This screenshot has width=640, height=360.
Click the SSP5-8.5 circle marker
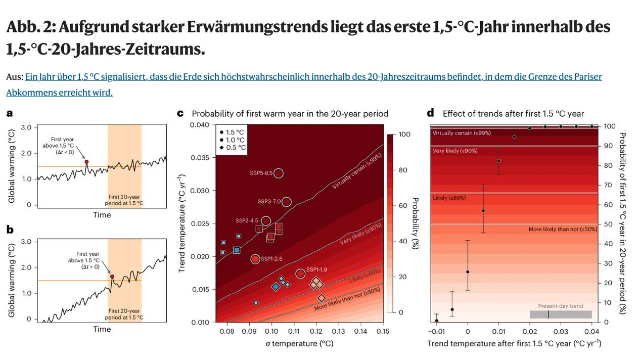point(279,173)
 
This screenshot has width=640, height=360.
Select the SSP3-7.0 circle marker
point(287,202)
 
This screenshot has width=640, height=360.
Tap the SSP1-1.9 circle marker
point(300,274)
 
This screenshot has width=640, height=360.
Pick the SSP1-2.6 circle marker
point(255,259)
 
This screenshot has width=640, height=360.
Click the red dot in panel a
point(86,162)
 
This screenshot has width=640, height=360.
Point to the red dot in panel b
point(112,277)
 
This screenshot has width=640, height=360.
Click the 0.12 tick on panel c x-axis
point(316,331)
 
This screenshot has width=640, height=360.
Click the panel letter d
point(431,114)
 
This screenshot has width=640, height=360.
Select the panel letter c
point(180,114)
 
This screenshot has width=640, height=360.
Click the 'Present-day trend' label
point(560,306)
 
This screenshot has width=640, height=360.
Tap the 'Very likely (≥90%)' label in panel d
point(455,151)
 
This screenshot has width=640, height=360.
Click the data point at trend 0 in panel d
point(468,272)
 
